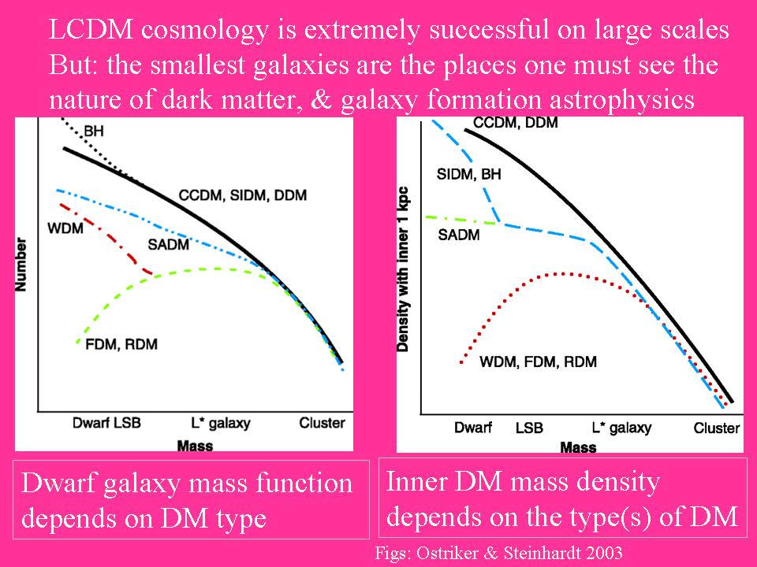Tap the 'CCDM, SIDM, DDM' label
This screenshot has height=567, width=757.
[x=243, y=195]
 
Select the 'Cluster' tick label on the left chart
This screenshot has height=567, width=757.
[x=322, y=424]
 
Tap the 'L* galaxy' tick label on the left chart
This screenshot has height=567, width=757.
[x=220, y=424]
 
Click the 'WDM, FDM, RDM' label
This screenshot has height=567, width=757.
[x=538, y=361]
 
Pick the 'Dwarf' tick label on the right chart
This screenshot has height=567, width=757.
[x=473, y=428]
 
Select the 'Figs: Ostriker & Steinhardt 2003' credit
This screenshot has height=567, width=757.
[x=498, y=552]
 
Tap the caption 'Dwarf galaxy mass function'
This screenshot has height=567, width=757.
[x=187, y=482]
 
